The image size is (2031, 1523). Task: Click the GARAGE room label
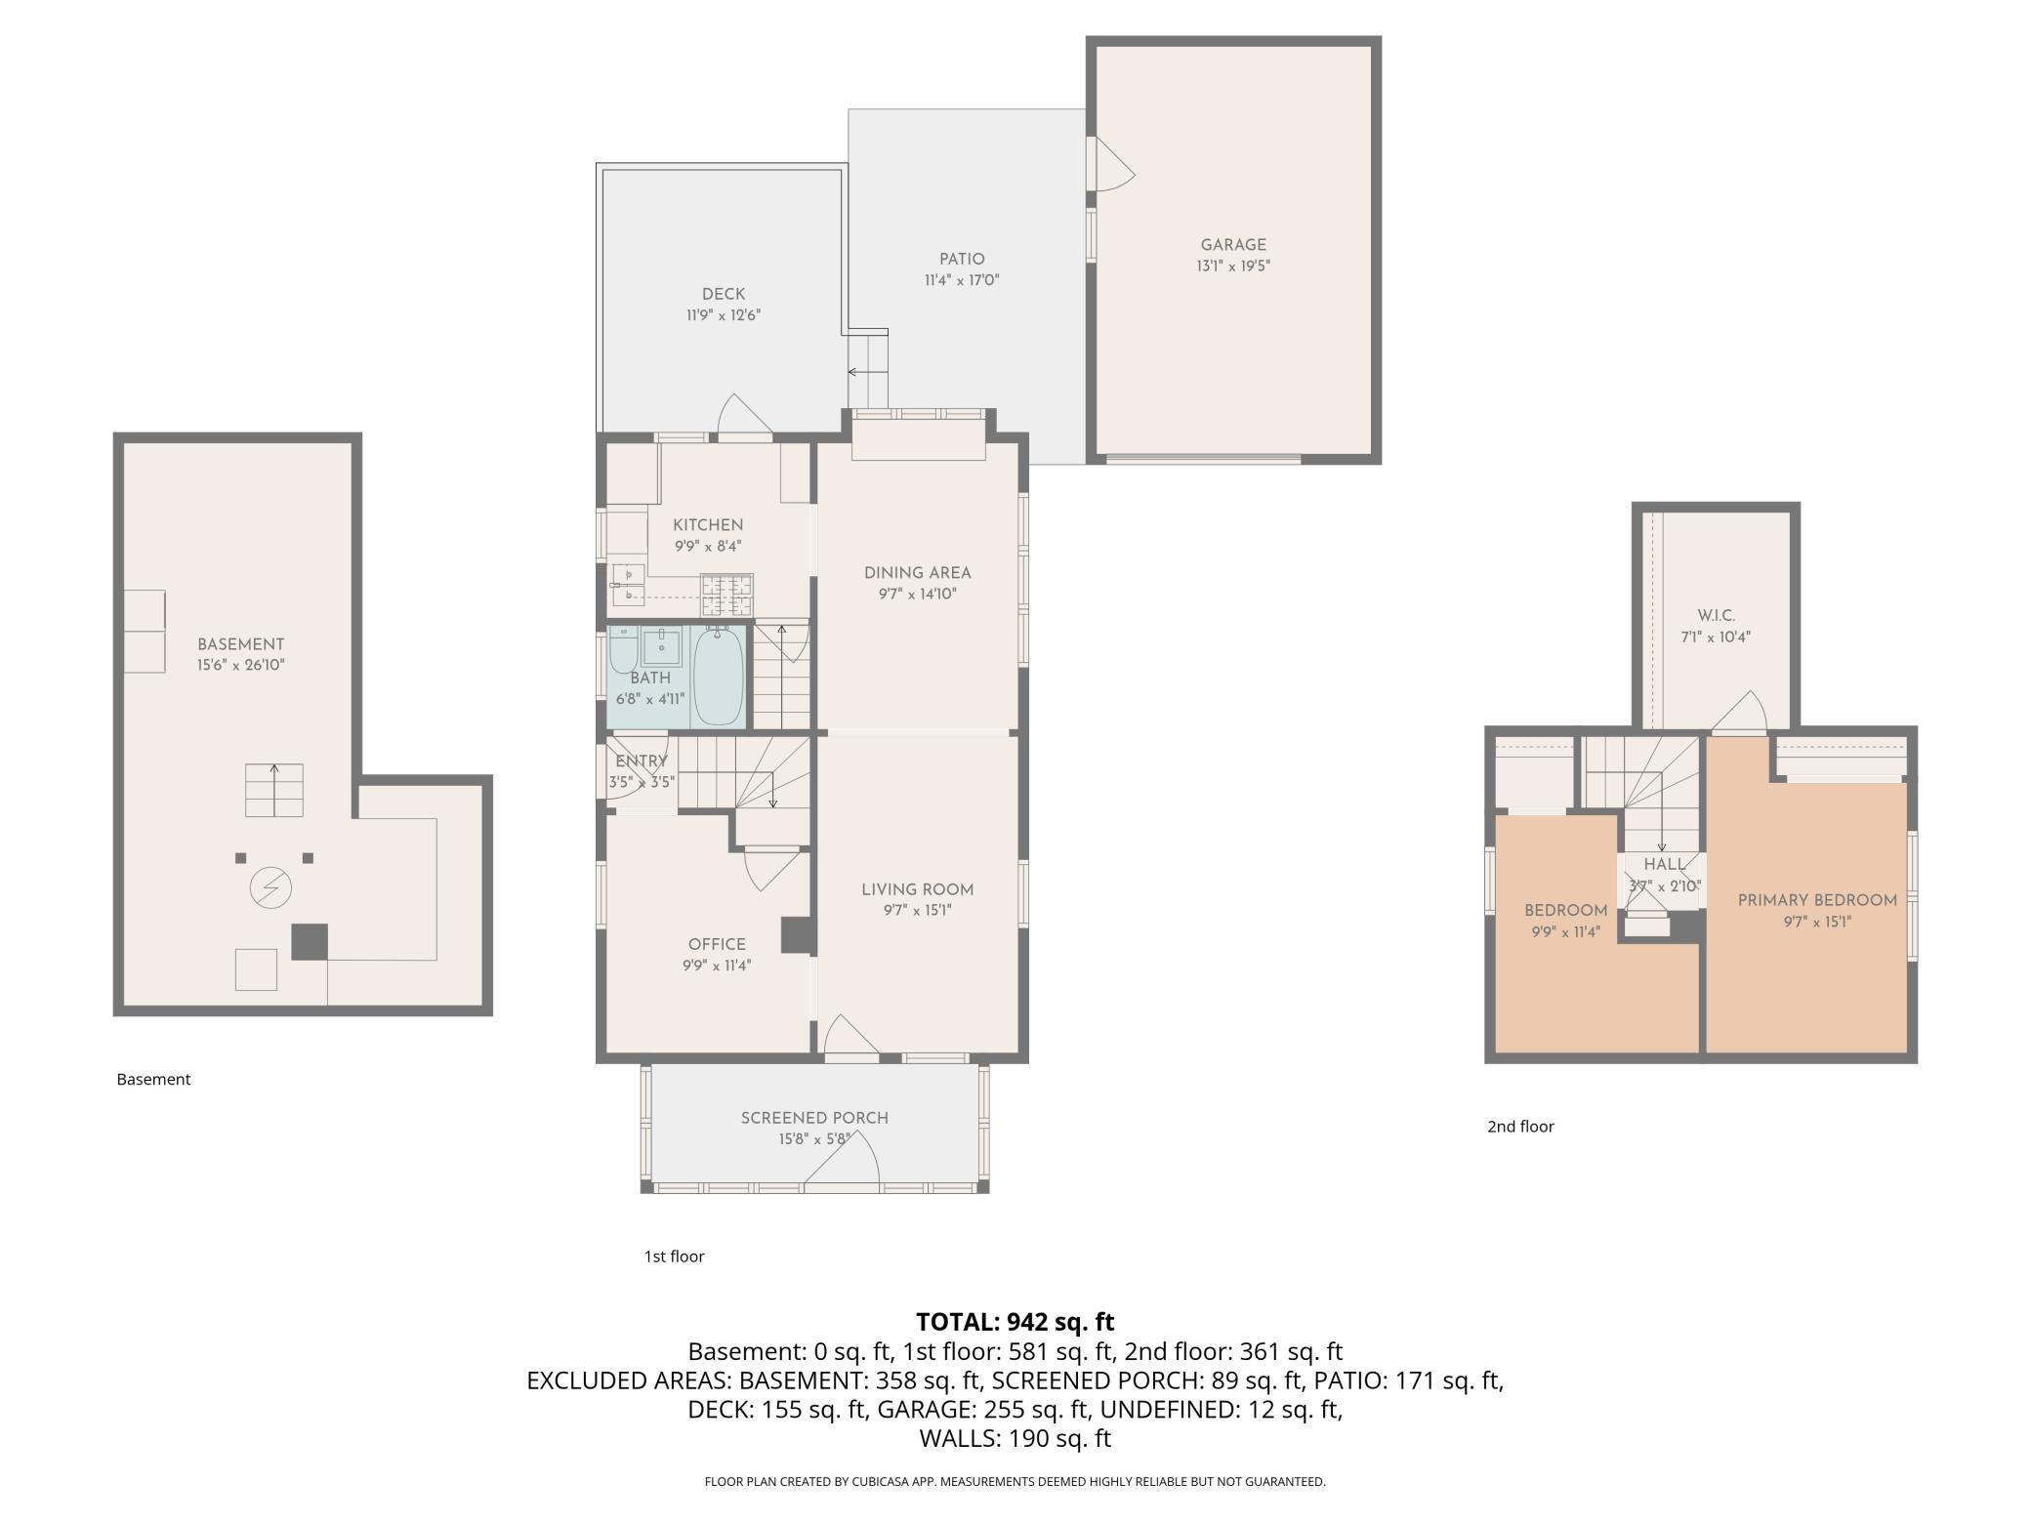tap(1233, 245)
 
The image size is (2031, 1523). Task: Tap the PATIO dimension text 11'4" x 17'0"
tap(962, 280)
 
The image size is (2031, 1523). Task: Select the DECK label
tap(724, 294)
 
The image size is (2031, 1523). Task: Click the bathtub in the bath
tap(719, 677)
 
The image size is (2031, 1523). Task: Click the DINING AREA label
tap(918, 573)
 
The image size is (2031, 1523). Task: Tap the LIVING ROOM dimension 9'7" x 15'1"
tap(917, 911)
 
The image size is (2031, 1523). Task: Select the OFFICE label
tap(717, 944)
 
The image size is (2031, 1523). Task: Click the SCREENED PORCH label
tap(814, 1118)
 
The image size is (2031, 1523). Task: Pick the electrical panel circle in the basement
tap(270, 888)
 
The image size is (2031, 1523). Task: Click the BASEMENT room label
tap(240, 644)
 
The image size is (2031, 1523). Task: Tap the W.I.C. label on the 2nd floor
tap(1716, 616)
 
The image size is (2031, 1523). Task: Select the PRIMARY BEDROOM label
tap(1817, 900)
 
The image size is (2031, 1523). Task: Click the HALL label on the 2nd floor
tap(1664, 865)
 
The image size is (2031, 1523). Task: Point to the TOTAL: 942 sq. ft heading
tap(1015, 1322)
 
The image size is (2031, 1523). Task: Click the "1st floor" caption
tap(674, 1256)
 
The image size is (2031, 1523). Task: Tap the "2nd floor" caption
tap(1520, 1127)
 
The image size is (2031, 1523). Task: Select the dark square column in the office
tap(798, 934)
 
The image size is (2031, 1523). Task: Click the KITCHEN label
tap(708, 525)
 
